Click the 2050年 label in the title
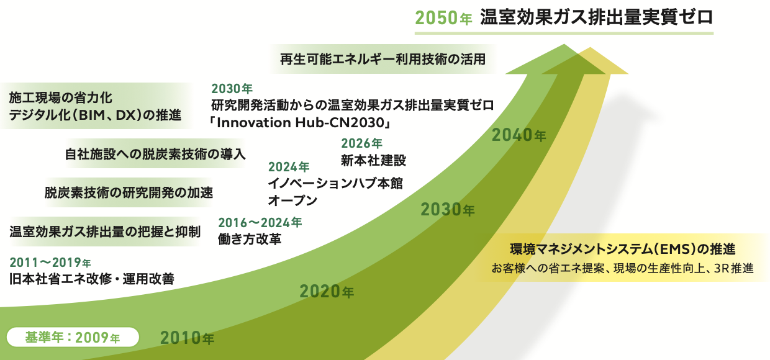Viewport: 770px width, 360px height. [x=444, y=18]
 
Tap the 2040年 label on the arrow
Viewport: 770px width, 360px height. [x=519, y=135]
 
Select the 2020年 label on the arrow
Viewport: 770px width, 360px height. [x=327, y=292]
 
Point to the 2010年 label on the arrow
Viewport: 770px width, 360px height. [x=187, y=338]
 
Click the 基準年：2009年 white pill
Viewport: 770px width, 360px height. [x=73, y=337]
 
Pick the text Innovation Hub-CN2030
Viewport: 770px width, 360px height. [x=301, y=123]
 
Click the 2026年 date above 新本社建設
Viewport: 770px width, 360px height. [x=361, y=143]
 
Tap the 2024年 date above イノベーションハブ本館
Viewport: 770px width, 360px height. [x=289, y=167]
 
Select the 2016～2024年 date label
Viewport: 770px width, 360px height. [x=260, y=223]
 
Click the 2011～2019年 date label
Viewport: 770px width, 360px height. [x=50, y=263]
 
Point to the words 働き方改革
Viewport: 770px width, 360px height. [x=250, y=239]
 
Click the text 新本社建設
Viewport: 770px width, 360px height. [x=374, y=160]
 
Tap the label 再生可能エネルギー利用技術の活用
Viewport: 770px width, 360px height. [x=383, y=59]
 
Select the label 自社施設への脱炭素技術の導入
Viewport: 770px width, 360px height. [x=155, y=154]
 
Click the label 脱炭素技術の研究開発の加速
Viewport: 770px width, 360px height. [x=129, y=192]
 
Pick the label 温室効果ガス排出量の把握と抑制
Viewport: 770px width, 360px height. [x=105, y=232]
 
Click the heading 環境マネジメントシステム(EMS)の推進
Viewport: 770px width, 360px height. [x=623, y=249]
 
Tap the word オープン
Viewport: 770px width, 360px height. [x=292, y=200]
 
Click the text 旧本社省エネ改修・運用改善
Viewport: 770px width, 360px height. [x=92, y=279]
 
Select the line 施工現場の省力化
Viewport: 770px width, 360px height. [x=60, y=98]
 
